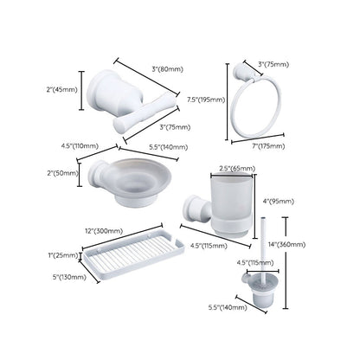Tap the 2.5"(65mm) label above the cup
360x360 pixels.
point(236,167)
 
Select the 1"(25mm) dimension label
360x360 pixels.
point(65,257)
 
